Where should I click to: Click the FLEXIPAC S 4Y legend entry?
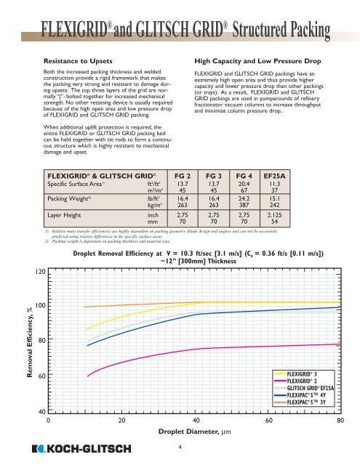(305, 394)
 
